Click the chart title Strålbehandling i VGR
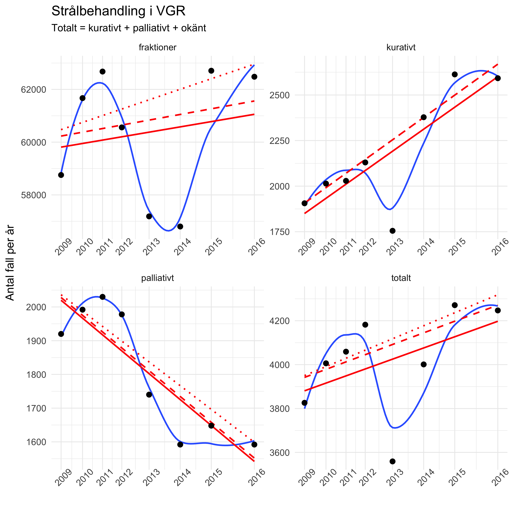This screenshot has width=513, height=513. tap(118, 11)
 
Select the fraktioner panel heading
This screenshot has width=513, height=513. tap(157, 48)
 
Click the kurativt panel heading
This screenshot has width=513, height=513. tap(401, 48)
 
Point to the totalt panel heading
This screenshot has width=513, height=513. tap(401, 278)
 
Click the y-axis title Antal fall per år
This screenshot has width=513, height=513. tap(10, 263)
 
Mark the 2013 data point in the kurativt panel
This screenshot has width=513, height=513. tap(392, 231)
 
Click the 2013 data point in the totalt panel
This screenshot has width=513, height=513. tap(392, 461)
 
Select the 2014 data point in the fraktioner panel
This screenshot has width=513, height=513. tap(180, 226)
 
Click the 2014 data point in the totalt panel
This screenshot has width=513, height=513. tap(424, 364)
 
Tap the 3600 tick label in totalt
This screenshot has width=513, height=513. tap(279, 453)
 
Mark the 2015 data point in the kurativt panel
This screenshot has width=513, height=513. tap(455, 74)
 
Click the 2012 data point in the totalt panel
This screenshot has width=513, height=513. tap(365, 325)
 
